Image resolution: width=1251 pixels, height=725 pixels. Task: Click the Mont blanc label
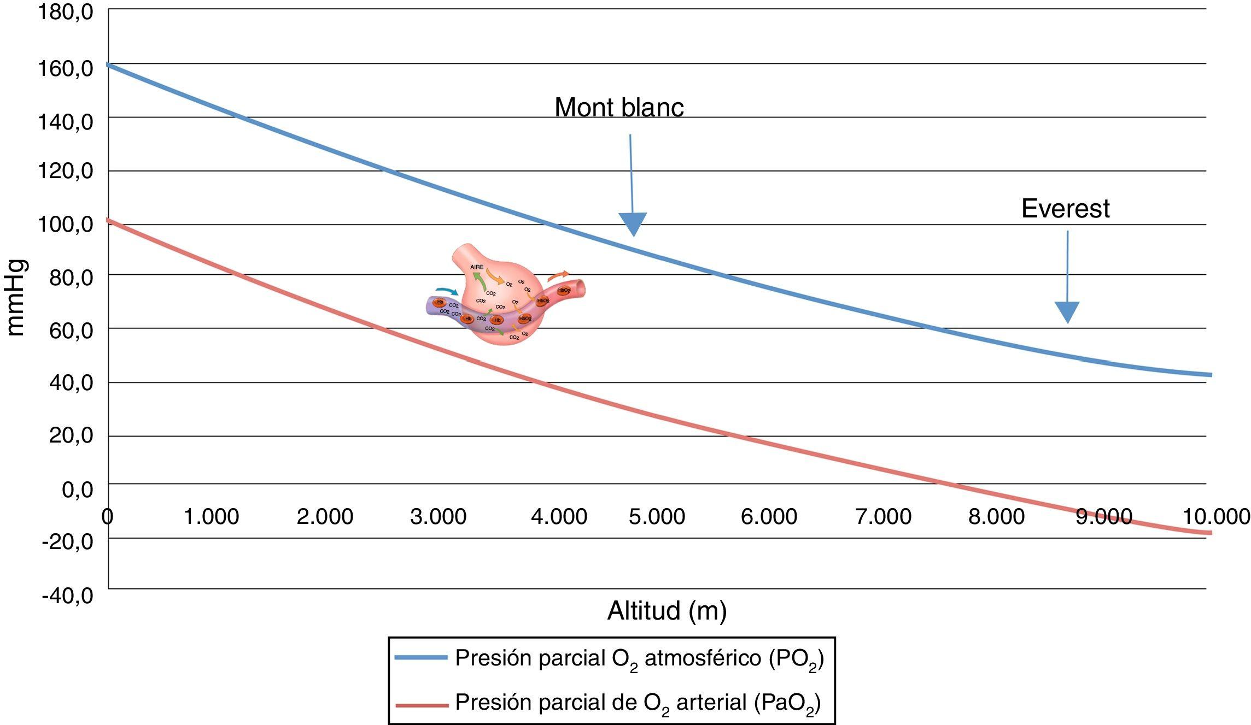coord(619,108)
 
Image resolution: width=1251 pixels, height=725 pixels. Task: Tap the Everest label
coord(1065,209)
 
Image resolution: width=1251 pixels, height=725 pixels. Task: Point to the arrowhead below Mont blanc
coord(633,223)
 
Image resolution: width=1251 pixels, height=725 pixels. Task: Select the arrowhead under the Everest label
coord(1067,311)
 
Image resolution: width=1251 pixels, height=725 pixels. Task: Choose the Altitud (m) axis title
coord(667,611)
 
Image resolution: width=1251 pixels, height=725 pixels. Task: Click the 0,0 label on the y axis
coord(77,490)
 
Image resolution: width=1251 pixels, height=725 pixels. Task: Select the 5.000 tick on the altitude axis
coord(657,517)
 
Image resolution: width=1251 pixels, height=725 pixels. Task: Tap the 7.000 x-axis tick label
coord(883,517)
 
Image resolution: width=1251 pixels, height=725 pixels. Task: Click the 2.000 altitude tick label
coord(325,517)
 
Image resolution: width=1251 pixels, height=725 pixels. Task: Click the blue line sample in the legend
coord(421,658)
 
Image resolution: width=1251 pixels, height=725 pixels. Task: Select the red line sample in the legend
coord(421,705)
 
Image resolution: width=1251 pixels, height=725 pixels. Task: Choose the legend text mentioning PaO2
coord(638,703)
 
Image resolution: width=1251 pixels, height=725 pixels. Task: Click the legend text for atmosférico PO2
coord(639,659)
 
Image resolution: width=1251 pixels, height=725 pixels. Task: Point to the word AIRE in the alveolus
coord(477,267)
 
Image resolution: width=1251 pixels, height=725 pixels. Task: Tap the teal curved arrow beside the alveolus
coord(447,291)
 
